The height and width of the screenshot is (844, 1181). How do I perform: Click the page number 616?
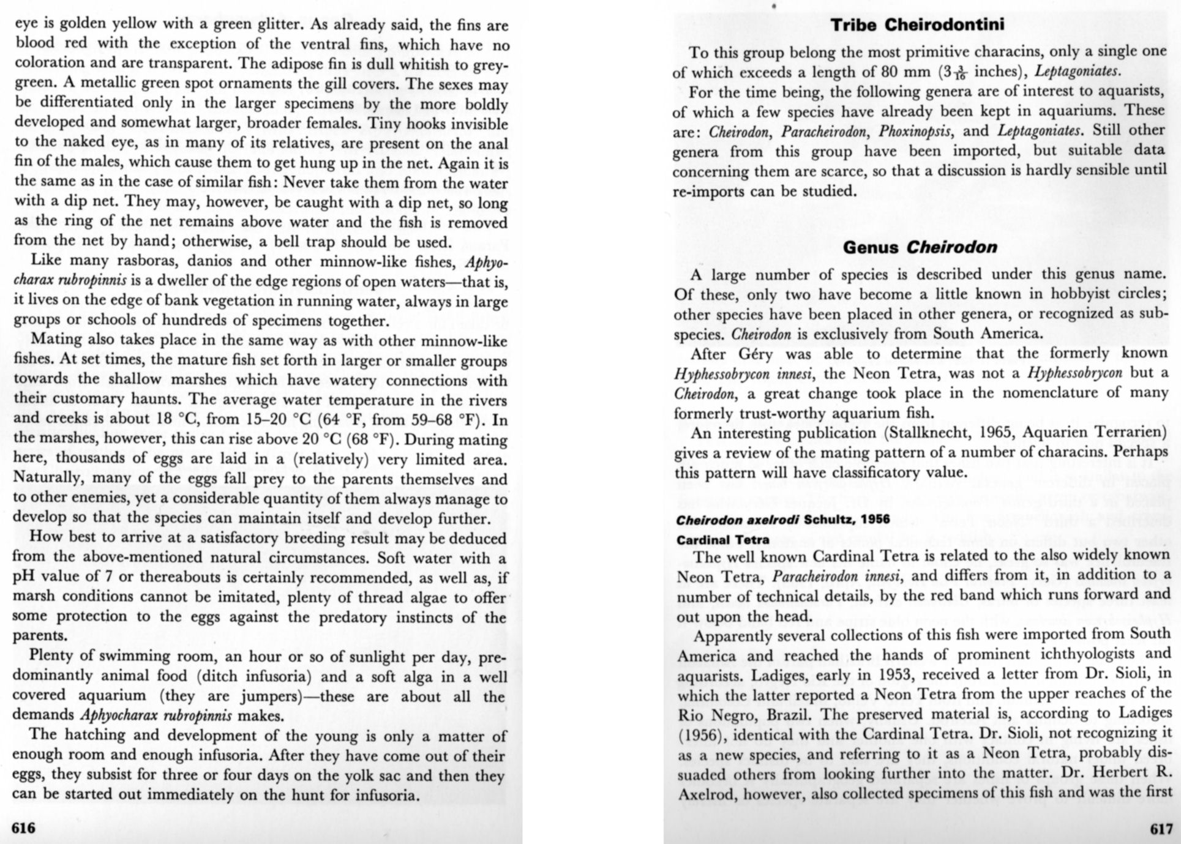pyautogui.click(x=24, y=828)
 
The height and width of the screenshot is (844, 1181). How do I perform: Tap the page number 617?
pyautogui.click(x=1161, y=829)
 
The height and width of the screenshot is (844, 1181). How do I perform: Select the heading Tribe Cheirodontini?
pyautogui.click(x=918, y=25)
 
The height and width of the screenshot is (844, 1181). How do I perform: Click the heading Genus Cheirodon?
pyautogui.click(x=920, y=247)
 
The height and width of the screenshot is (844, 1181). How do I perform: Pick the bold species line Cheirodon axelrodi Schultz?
pyautogui.click(x=783, y=520)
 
